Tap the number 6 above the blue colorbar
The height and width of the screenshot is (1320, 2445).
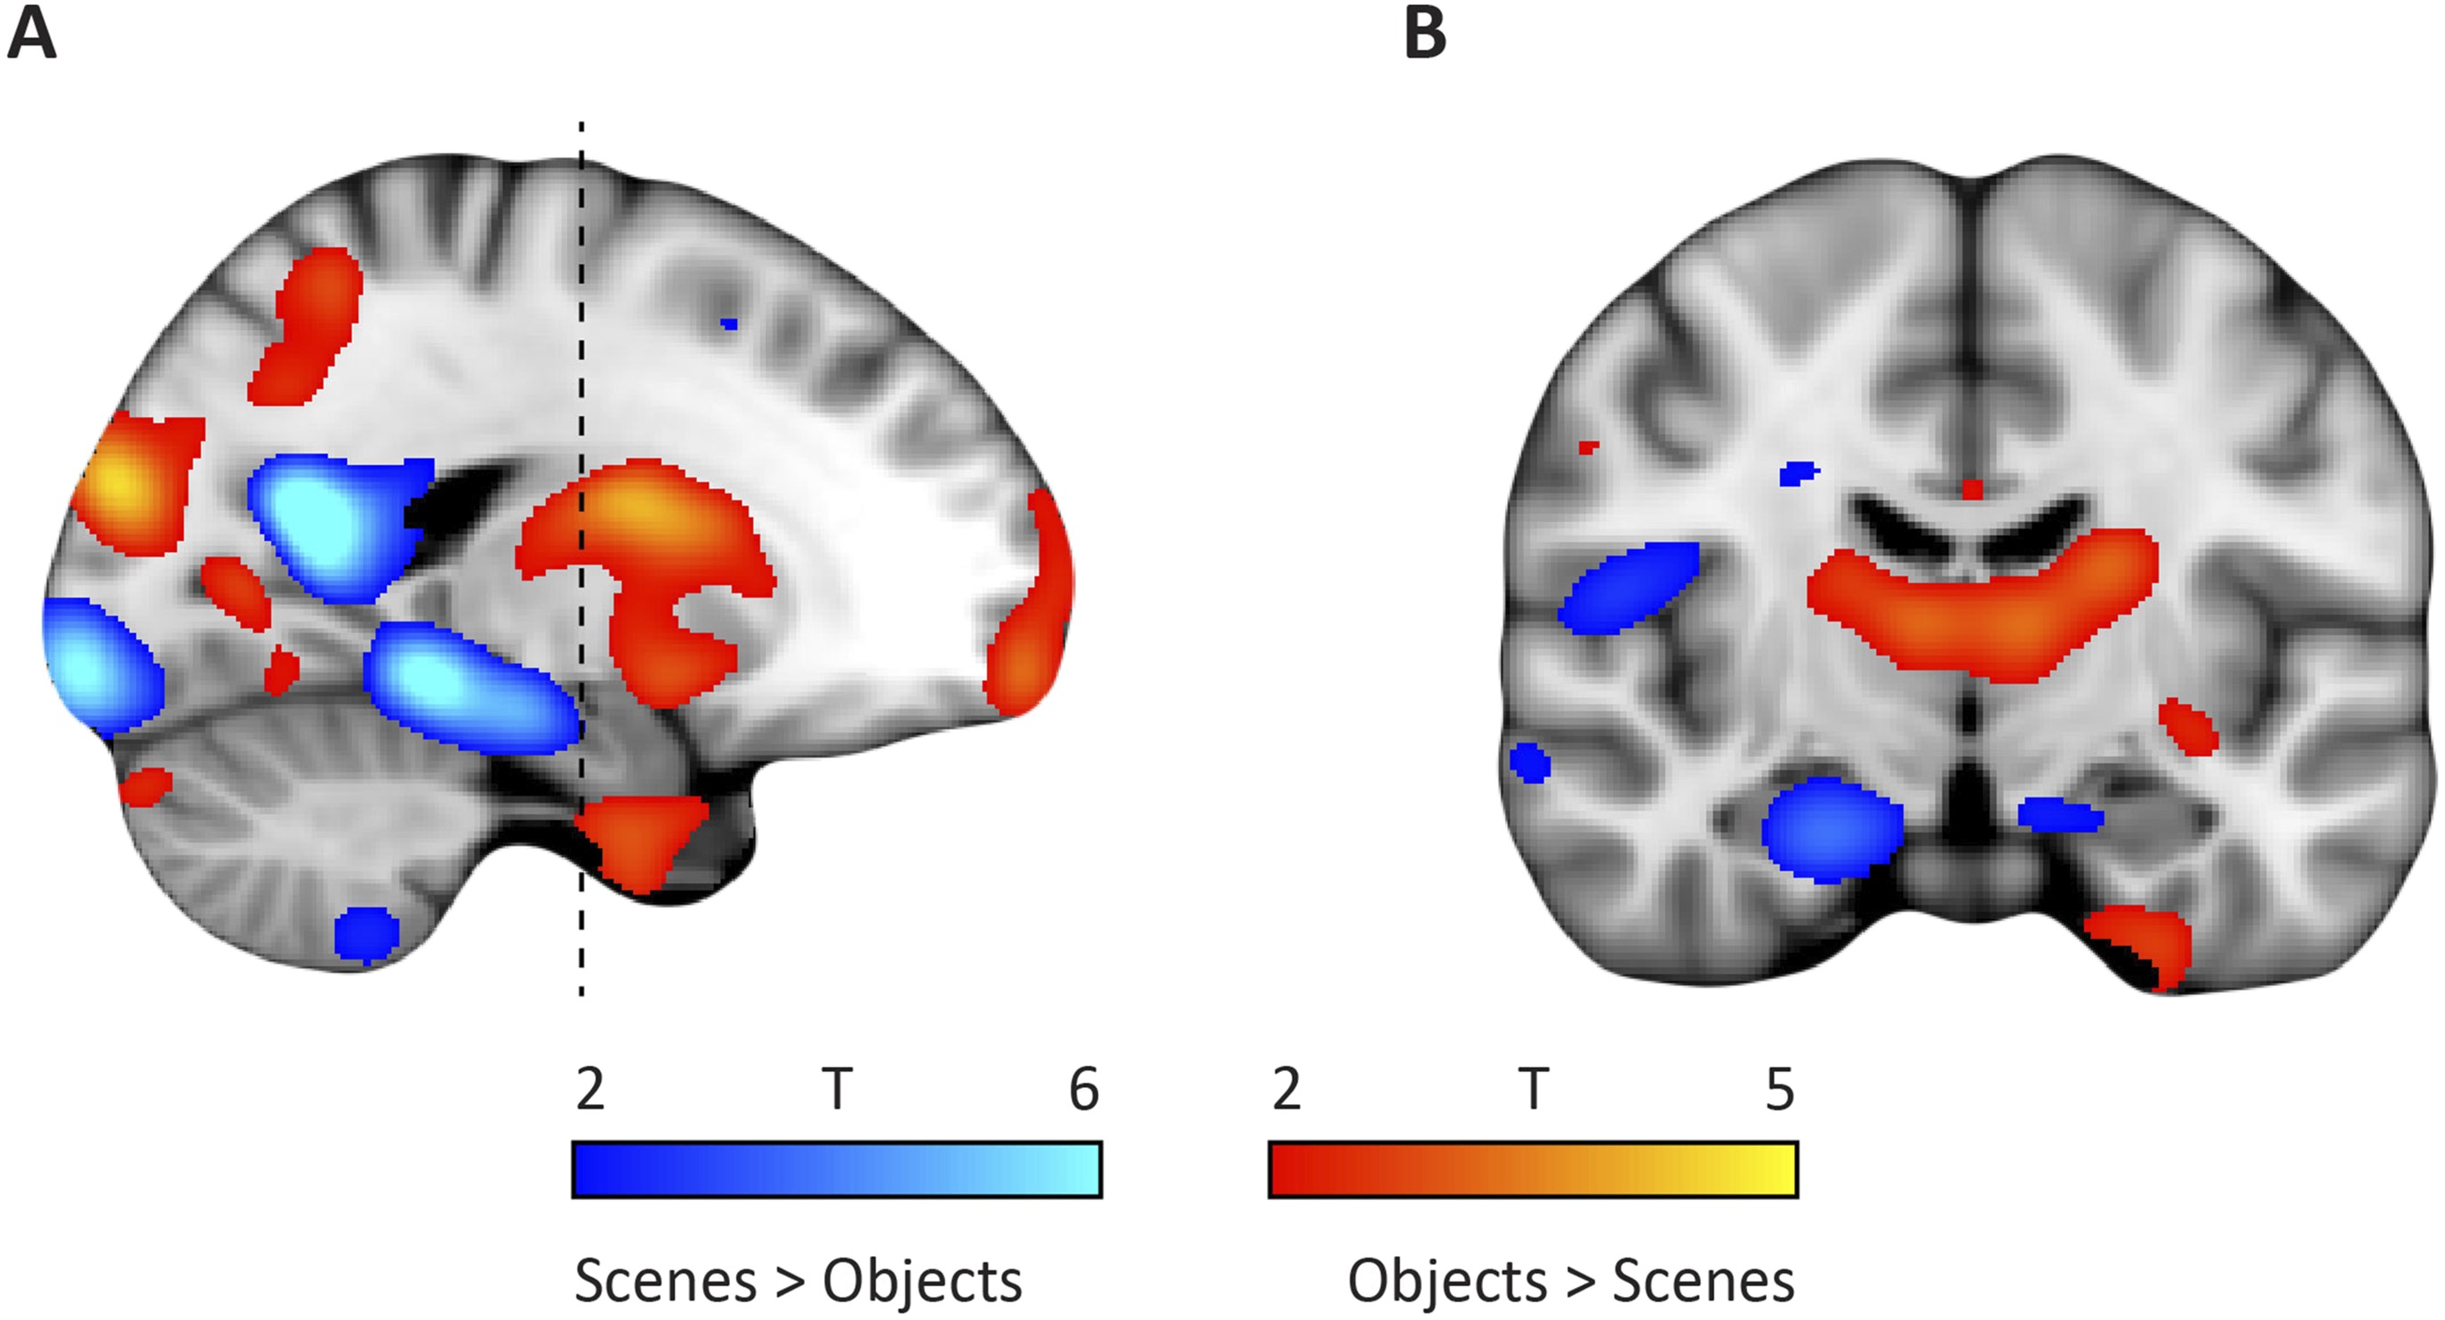[x=1084, y=1090]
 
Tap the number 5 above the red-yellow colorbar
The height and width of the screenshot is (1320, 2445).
[x=1780, y=1090]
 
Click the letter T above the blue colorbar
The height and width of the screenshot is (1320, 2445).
[x=837, y=1090]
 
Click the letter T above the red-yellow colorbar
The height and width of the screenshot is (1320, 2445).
[x=1533, y=1090]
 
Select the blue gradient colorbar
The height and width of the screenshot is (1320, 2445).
[x=837, y=1169]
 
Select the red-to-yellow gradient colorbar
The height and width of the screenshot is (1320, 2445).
[x=1533, y=1169]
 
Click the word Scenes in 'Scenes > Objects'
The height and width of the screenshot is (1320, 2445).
[x=664, y=1281]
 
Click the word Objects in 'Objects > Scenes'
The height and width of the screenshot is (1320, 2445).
[x=1447, y=1281]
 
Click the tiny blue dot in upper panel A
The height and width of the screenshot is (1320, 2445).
[x=728, y=324]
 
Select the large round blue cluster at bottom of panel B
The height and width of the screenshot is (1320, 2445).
[x=1832, y=829]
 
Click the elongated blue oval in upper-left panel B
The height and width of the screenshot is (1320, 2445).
[x=1629, y=588]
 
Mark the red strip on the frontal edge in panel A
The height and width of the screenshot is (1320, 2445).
[x=1035, y=607]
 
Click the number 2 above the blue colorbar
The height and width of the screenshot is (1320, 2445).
[x=589, y=1090]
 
